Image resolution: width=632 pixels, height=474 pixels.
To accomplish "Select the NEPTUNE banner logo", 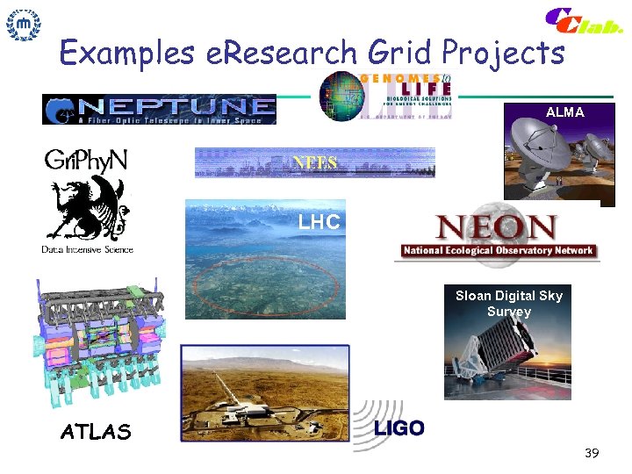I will point(159,109).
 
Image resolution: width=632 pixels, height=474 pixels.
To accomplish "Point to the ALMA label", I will point(564,113).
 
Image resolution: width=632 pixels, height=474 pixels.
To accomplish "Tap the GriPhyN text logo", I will point(86,161).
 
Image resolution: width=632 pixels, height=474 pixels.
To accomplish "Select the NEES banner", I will point(314,162).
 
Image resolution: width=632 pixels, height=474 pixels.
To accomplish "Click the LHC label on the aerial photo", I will point(319,223).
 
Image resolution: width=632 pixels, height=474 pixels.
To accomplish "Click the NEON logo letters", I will point(497,229).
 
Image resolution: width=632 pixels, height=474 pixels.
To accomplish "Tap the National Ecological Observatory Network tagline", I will point(498,251).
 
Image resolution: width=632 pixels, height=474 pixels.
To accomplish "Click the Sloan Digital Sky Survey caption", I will point(508,304).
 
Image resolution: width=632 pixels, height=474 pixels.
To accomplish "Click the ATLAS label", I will point(96,432).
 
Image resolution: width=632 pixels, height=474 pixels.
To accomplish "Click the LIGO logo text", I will point(399,428).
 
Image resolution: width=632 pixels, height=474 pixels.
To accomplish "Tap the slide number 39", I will point(592,453).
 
